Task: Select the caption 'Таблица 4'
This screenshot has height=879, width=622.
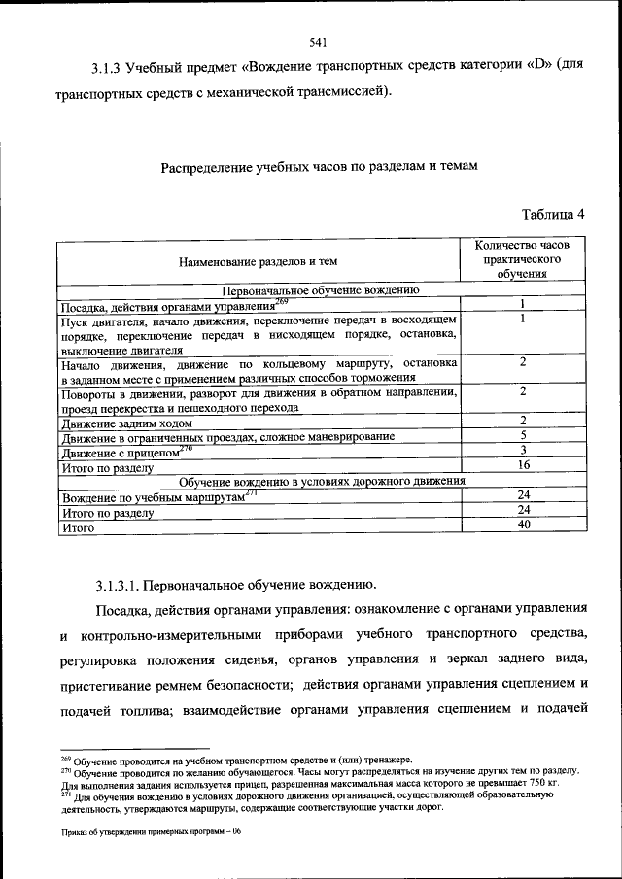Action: pyautogui.click(x=553, y=214)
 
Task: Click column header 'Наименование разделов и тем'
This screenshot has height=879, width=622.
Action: pyautogui.click(x=258, y=262)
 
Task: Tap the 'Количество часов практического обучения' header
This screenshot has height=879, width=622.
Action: pyautogui.click(x=523, y=260)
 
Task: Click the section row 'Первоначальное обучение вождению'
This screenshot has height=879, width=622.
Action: pyautogui.click(x=321, y=289)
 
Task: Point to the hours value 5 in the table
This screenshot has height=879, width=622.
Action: pyautogui.click(x=523, y=436)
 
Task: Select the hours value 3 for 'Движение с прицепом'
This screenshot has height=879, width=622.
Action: pyautogui.click(x=523, y=451)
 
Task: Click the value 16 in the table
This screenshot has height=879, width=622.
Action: pyautogui.click(x=523, y=465)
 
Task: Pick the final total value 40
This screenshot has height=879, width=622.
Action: pyautogui.click(x=523, y=524)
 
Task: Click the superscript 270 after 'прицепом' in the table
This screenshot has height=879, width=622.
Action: pyautogui.click(x=187, y=448)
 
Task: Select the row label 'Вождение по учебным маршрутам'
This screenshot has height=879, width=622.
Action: pyautogui.click(x=151, y=496)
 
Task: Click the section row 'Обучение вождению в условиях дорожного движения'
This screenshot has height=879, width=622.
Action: pyautogui.click(x=321, y=480)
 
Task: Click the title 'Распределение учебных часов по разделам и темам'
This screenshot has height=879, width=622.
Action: pyautogui.click(x=320, y=167)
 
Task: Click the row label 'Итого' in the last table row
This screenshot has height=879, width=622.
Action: pyautogui.click(x=77, y=526)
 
